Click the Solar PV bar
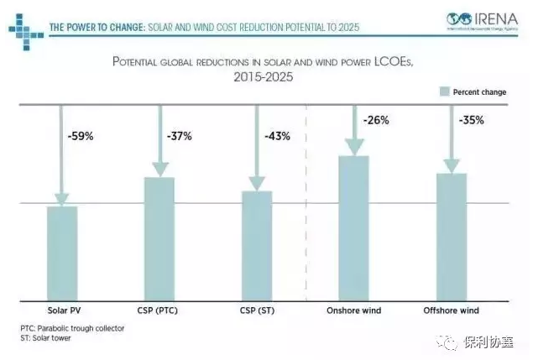[x=62, y=253]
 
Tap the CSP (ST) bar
[x=256, y=246]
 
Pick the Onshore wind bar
[x=353, y=228]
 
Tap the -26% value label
[x=375, y=120]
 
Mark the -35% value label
[x=472, y=120]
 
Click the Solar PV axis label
[x=62, y=310]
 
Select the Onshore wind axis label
[x=353, y=310]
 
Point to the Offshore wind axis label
[x=451, y=310]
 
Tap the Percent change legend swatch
[x=443, y=91]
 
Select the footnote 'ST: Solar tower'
[x=45, y=337]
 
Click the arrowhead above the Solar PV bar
[x=62, y=198]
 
